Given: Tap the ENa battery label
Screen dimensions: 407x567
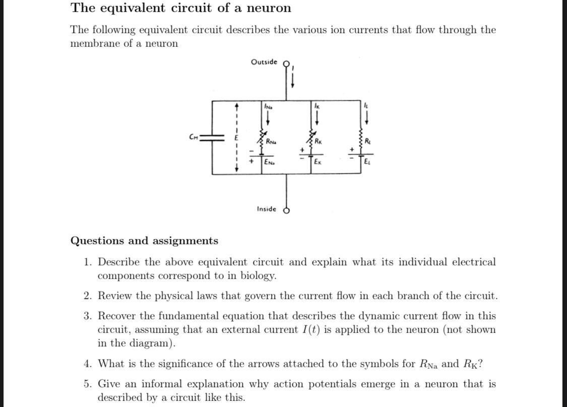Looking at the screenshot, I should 270,162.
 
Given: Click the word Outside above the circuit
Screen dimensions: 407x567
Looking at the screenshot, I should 264,62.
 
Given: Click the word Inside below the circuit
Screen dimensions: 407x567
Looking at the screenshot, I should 266,209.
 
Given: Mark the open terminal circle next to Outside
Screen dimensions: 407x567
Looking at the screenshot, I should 287,64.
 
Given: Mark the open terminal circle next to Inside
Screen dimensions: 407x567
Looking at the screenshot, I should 287,211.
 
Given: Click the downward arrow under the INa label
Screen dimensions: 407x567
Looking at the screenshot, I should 268,119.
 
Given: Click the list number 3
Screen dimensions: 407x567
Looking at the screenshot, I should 87,316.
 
